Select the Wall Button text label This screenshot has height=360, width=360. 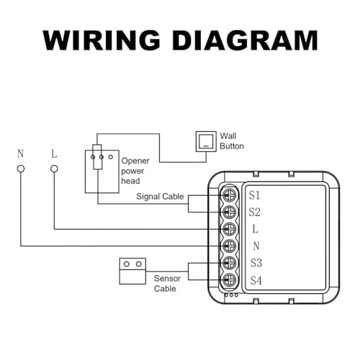232,141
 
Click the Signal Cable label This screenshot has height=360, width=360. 161,197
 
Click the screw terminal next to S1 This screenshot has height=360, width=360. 230,194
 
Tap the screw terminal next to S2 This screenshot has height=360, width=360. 230,212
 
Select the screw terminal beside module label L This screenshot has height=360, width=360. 230,229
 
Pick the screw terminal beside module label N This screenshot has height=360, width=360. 230,246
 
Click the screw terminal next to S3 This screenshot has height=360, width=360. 230,264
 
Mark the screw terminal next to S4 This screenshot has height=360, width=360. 230,280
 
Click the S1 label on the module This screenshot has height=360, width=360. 255,195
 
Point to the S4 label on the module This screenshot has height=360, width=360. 256,280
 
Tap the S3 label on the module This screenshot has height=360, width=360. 256,263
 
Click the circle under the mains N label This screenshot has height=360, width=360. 21,169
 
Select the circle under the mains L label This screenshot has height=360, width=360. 54,169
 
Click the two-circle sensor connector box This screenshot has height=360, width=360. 132,266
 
